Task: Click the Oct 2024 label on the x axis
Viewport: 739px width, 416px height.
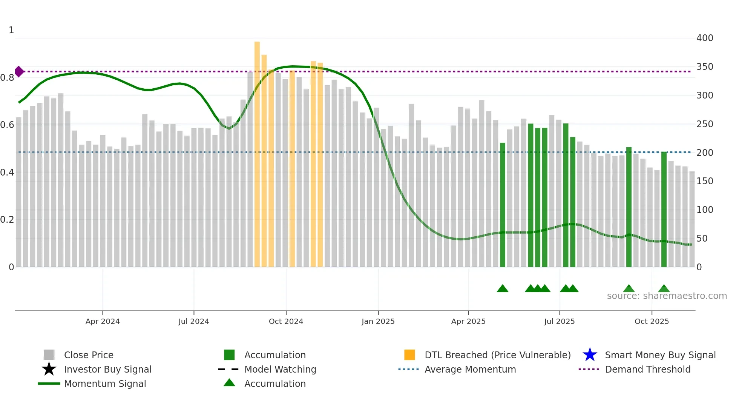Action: tap(286, 321)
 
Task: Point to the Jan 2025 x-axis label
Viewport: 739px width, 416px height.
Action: tap(378, 321)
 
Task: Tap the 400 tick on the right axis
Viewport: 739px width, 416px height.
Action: tap(704, 38)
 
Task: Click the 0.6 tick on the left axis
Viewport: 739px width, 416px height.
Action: tap(7, 125)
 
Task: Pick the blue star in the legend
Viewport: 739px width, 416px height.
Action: tap(590, 355)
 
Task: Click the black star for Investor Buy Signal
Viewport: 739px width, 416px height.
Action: tap(49, 369)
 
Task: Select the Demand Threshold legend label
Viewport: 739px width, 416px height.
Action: tap(647, 369)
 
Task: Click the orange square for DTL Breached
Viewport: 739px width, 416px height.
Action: tap(409, 355)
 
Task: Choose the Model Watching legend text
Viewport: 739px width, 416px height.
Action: tap(280, 369)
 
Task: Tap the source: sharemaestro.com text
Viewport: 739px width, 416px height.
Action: tap(667, 296)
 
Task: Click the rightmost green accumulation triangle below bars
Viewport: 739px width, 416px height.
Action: tap(664, 289)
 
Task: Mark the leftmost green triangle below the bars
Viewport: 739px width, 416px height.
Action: tap(503, 289)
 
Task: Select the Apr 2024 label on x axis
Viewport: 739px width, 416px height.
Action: tap(103, 321)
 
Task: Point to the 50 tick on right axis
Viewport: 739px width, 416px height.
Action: tap(701, 239)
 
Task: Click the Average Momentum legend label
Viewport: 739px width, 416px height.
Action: tap(470, 369)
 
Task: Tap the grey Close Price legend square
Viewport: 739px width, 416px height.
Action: tap(49, 355)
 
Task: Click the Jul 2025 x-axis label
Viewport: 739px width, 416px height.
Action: tap(559, 321)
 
